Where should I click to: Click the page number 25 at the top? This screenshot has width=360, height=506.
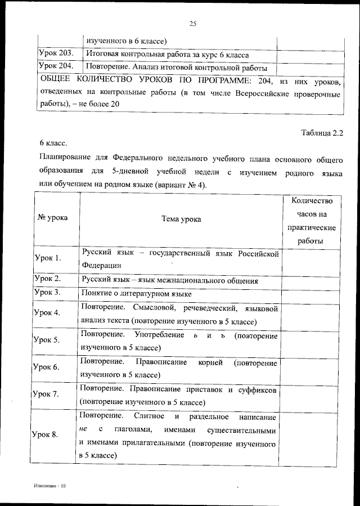pyautogui.click(x=192, y=23)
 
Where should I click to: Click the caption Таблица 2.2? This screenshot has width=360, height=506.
pyautogui.click(x=322, y=133)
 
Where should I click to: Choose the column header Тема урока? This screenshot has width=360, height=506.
pyautogui.click(x=180, y=219)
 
